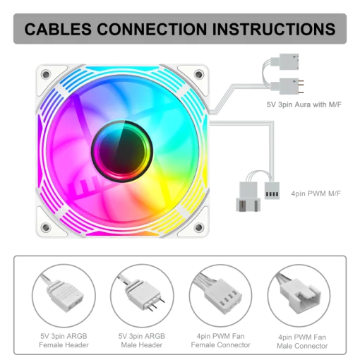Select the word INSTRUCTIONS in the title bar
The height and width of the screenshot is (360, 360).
[x=282, y=30]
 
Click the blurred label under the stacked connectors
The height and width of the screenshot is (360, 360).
[x=305, y=104]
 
